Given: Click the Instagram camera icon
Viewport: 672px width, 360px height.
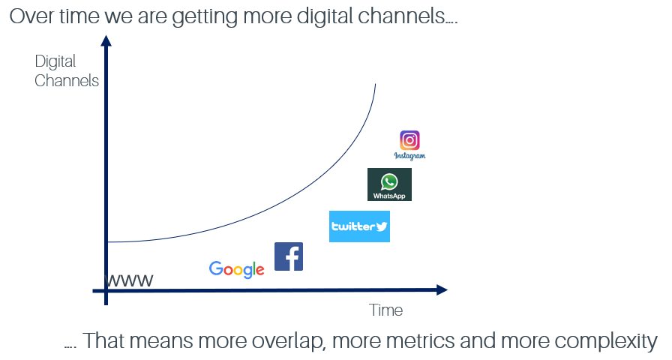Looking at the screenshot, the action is [x=409, y=140].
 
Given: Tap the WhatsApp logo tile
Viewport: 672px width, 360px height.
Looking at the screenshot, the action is [x=389, y=184].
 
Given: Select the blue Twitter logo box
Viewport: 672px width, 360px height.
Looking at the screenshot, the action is [x=359, y=226].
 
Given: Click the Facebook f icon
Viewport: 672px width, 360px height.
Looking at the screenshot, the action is [x=289, y=256].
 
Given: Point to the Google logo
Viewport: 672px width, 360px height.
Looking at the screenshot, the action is [x=236, y=269].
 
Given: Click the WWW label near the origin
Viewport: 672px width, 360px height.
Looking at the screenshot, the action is [x=129, y=280].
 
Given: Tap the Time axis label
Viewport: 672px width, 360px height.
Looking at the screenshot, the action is [x=385, y=310].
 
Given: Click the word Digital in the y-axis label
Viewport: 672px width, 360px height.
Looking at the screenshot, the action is [x=55, y=61].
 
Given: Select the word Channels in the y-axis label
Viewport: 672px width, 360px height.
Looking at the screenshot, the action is [x=67, y=80].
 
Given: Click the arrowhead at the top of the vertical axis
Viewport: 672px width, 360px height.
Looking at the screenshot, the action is [x=106, y=40].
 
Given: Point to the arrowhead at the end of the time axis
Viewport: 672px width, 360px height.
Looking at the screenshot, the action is [x=442, y=290].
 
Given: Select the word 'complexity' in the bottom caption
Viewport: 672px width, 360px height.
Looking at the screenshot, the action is [x=606, y=341].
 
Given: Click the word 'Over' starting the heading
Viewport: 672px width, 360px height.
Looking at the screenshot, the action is [x=32, y=16].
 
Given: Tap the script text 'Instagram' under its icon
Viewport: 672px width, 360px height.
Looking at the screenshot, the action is [x=409, y=155].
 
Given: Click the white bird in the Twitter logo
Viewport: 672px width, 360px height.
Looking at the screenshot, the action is [x=382, y=226].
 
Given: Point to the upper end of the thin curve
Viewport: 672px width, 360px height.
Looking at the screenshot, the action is [x=376, y=84].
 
